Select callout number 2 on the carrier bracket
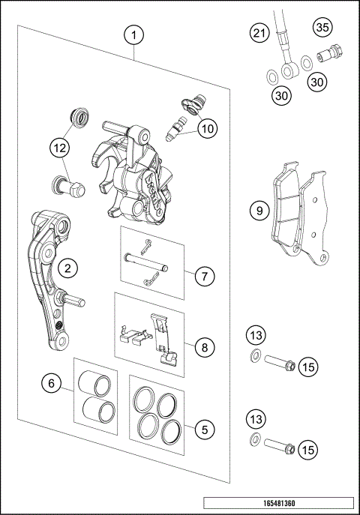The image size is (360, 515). [x=67, y=268]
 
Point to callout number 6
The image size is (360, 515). [x=52, y=384]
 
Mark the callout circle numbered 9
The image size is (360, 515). [x=259, y=211]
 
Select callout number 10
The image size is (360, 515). [x=207, y=128]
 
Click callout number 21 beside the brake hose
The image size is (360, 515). [x=259, y=33]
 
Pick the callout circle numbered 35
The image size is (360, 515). [x=322, y=28]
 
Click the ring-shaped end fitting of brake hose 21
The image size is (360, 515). [x=288, y=70]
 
